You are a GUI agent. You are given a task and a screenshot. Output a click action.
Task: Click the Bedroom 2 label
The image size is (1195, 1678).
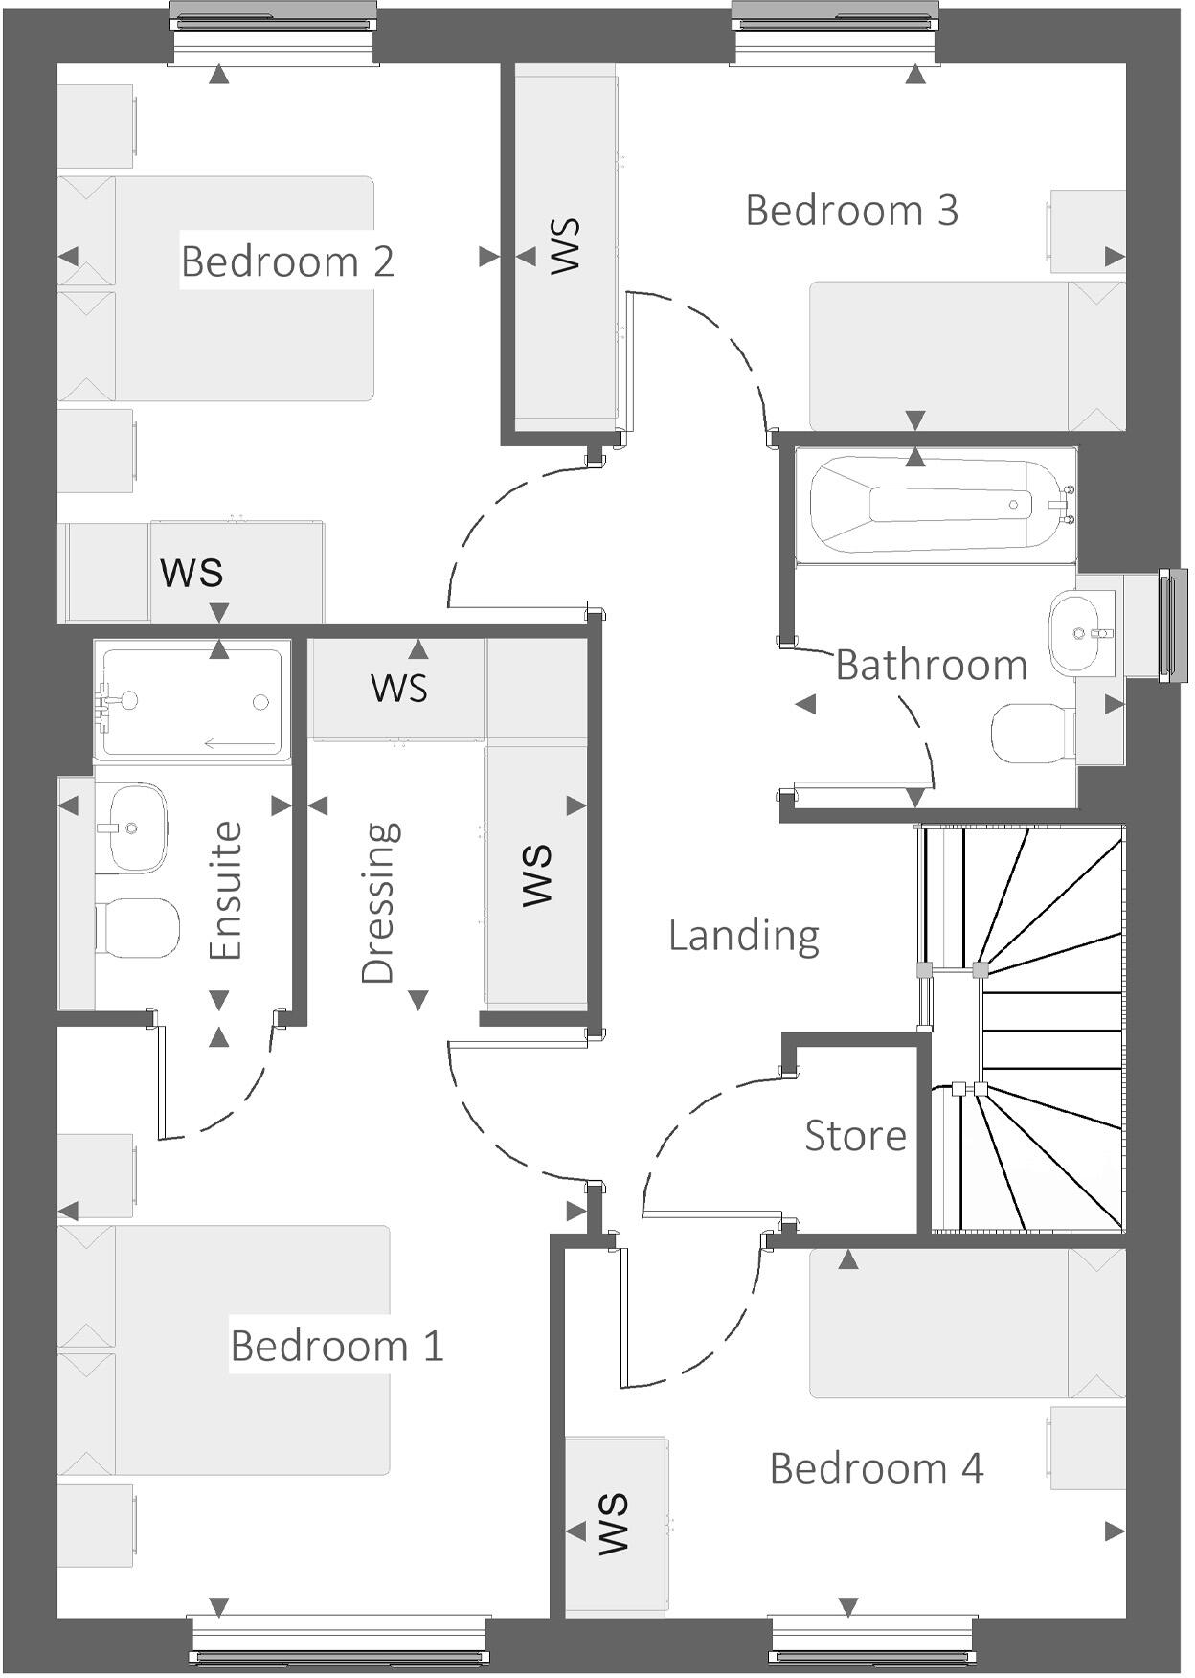(287, 261)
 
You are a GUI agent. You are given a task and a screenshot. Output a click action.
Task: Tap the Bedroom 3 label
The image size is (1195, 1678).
(851, 211)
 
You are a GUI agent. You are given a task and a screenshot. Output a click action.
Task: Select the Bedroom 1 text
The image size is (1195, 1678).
(337, 1346)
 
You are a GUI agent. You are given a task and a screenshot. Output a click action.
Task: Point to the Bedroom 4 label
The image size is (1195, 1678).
(876, 1468)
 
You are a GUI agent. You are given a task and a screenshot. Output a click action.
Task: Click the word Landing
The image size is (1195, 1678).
(744, 936)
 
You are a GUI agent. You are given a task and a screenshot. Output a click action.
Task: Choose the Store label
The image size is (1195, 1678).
(855, 1136)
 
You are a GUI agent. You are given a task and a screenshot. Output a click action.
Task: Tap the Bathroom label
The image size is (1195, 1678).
(931, 665)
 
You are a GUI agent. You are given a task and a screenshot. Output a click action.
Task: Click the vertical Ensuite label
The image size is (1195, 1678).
(227, 891)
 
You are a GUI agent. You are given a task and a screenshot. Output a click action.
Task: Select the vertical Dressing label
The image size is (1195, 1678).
(379, 902)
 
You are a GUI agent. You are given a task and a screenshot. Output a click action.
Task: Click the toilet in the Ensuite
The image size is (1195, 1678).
(139, 927)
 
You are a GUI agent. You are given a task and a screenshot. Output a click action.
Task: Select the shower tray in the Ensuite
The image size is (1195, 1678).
(192, 702)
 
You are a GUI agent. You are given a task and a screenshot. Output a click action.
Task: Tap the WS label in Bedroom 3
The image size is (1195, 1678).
(565, 247)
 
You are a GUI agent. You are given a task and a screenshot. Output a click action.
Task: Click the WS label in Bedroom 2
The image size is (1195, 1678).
(192, 572)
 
